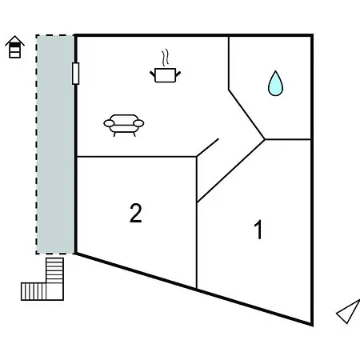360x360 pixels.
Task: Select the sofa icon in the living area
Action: pyautogui.click(x=124, y=126)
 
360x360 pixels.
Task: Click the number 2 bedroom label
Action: pyautogui.click(x=136, y=213)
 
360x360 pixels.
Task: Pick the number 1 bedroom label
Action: pyautogui.click(x=258, y=230)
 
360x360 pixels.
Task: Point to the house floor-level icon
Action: pyautogui.click(x=15, y=46)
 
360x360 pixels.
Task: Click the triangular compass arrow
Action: pyautogui.click(x=348, y=312)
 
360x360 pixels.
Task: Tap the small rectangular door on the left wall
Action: pyautogui.click(x=76, y=74)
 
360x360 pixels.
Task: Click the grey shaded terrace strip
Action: pyautogui.click(x=55, y=144)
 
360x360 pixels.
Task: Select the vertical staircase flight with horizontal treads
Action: pyautogui.click(x=54, y=270)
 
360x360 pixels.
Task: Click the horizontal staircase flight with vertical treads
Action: pyautogui.click(x=34, y=292)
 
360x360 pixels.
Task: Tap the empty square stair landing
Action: pyautogui.click(x=54, y=292)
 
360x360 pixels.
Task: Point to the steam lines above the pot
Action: pyautogui.click(x=166, y=57)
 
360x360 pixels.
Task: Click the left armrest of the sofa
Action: pyautogui.click(x=109, y=123)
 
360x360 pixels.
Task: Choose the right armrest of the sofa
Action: pyautogui.click(x=138, y=123)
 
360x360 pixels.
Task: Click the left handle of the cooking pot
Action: pyautogui.click(x=153, y=74)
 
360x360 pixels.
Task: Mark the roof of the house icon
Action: pyautogui.click(x=15, y=40)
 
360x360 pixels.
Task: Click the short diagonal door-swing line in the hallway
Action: pyautogui.click(x=207, y=147)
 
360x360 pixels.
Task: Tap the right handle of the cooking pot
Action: pyautogui.click(x=178, y=74)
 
